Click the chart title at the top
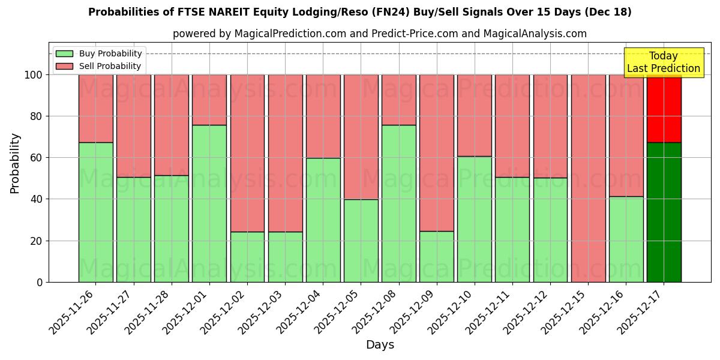pos(359,12)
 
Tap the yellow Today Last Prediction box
pos(663,62)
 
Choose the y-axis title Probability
pos(15,163)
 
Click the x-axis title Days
pos(380,345)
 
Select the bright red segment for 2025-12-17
pos(664,108)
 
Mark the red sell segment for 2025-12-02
pos(247,153)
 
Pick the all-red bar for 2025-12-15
pos(588,178)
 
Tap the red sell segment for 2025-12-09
pos(437,152)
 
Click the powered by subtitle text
pos(379,34)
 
